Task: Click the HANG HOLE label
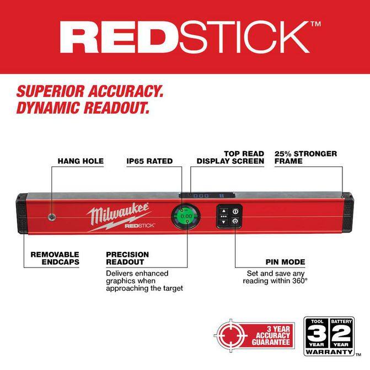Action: click(81, 161)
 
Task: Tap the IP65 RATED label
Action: click(149, 161)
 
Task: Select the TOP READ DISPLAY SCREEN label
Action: click(230, 157)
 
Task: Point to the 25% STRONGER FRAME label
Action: click(305, 157)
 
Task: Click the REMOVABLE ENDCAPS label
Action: click(55, 258)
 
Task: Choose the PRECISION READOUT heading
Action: click(127, 258)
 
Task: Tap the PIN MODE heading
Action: click(285, 262)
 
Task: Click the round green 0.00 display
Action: click(186, 216)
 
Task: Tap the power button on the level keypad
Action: click(235, 211)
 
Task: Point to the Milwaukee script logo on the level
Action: click(118, 213)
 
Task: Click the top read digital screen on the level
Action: click(207, 196)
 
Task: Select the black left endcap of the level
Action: click(22, 213)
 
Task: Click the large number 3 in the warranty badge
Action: click(317, 333)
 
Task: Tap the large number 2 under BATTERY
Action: click(341, 333)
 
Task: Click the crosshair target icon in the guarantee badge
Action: click(231, 335)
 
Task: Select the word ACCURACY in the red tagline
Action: click(126, 92)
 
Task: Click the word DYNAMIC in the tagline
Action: click(47, 108)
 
